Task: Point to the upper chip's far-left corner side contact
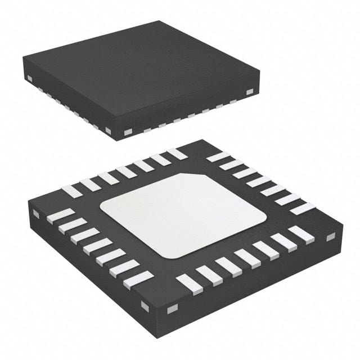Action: [29, 77]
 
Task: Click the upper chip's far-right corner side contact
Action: [249, 91]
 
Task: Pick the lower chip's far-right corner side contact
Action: [330, 237]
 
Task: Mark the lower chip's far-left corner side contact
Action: [36, 214]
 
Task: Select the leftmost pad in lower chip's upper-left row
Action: [71, 191]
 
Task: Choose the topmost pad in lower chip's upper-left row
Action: [177, 154]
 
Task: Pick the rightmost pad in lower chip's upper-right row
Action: [302, 209]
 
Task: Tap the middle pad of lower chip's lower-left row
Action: [97, 246]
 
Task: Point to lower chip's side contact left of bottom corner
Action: [145, 306]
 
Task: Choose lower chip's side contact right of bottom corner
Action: [172, 308]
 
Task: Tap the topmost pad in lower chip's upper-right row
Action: [218, 157]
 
